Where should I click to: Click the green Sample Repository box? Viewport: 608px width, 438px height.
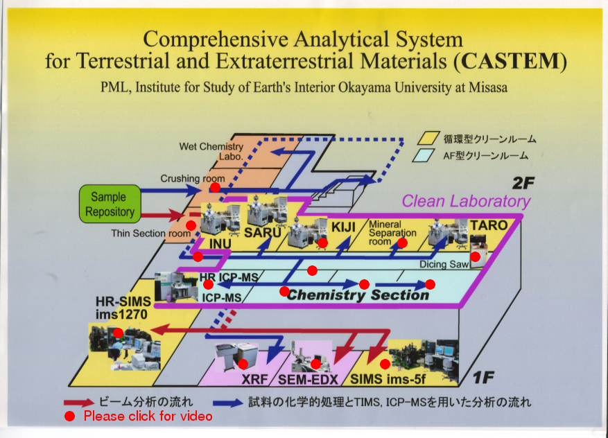(110, 204)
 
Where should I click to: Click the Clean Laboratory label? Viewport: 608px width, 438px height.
(466, 201)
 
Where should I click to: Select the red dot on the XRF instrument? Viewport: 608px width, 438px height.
(243, 364)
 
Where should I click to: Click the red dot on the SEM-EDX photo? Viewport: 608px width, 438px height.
(315, 364)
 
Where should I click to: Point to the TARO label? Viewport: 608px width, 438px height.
(489, 225)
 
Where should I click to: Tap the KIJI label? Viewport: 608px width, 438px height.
(343, 227)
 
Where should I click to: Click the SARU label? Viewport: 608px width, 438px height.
(262, 233)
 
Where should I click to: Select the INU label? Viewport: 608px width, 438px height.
(220, 244)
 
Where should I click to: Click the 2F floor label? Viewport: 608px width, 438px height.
(523, 183)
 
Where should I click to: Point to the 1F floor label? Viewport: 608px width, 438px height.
(483, 377)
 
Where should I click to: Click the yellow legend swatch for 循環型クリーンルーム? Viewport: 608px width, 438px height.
(428, 139)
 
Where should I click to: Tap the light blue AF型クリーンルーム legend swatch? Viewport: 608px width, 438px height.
(423, 155)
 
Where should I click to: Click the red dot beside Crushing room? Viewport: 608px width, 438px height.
(215, 188)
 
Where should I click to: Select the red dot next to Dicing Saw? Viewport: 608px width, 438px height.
(476, 256)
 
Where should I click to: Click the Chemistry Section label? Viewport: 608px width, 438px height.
(358, 295)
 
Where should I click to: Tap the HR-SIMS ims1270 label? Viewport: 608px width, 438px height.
(123, 308)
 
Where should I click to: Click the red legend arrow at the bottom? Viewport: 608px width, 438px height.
(79, 403)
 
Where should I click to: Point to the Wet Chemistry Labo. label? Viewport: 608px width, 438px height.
(211, 151)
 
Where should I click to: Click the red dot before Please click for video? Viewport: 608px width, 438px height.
(69, 417)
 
